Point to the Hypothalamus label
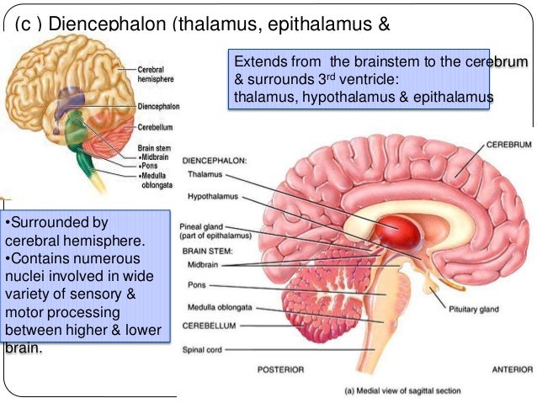[213, 197]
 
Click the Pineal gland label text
[205, 226]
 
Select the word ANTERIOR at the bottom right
[511, 369]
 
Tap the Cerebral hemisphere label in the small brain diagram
[157, 72]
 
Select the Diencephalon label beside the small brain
[159, 108]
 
